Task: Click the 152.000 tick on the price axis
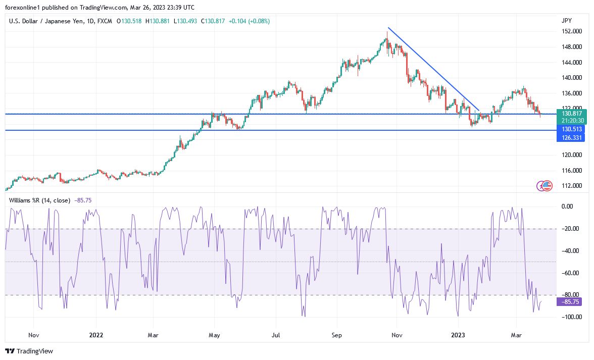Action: (x=571, y=31)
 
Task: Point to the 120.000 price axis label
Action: (x=571, y=155)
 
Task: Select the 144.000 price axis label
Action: (x=571, y=63)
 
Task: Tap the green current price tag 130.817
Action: (x=572, y=114)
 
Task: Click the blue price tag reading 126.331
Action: (x=572, y=137)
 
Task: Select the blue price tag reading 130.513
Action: (x=572, y=129)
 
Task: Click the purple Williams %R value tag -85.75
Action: (x=572, y=302)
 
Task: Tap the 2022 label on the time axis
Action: (x=96, y=335)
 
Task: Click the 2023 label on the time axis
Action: (x=458, y=335)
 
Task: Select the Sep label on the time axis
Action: (x=337, y=335)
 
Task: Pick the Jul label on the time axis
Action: (x=276, y=335)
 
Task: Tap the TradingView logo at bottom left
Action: (x=29, y=351)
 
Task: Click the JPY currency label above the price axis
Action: (x=566, y=21)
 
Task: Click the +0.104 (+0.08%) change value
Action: (x=250, y=21)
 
